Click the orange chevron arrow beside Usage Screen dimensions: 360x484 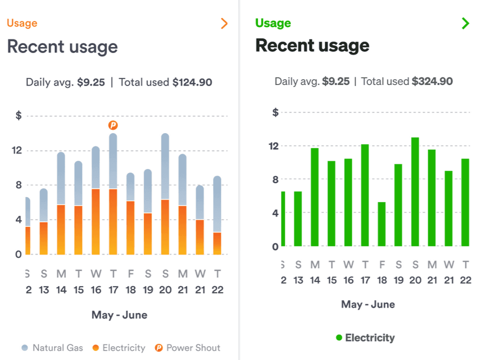tap(224, 24)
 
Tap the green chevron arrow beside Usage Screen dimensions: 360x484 tap(465, 23)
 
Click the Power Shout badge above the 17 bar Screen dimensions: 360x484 tap(113, 125)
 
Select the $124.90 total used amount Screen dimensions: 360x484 tap(192, 82)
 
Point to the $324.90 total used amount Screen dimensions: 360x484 tap(432, 81)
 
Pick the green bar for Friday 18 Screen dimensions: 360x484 tap(382, 224)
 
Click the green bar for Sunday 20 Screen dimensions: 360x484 tap(415, 192)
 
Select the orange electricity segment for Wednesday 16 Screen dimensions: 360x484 tap(96, 222)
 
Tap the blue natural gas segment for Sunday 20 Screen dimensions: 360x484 tap(165, 166)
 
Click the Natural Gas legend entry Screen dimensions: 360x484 tap(52, 348)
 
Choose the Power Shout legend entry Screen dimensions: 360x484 tap(188, 348)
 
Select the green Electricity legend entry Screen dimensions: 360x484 tap(366, 337)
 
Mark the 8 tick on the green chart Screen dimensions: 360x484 tap(275, 179)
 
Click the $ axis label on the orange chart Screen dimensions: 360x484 tap(19, 116)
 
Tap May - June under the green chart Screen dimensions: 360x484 tap(368, 304)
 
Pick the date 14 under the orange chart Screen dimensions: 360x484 tap(61, 290)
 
